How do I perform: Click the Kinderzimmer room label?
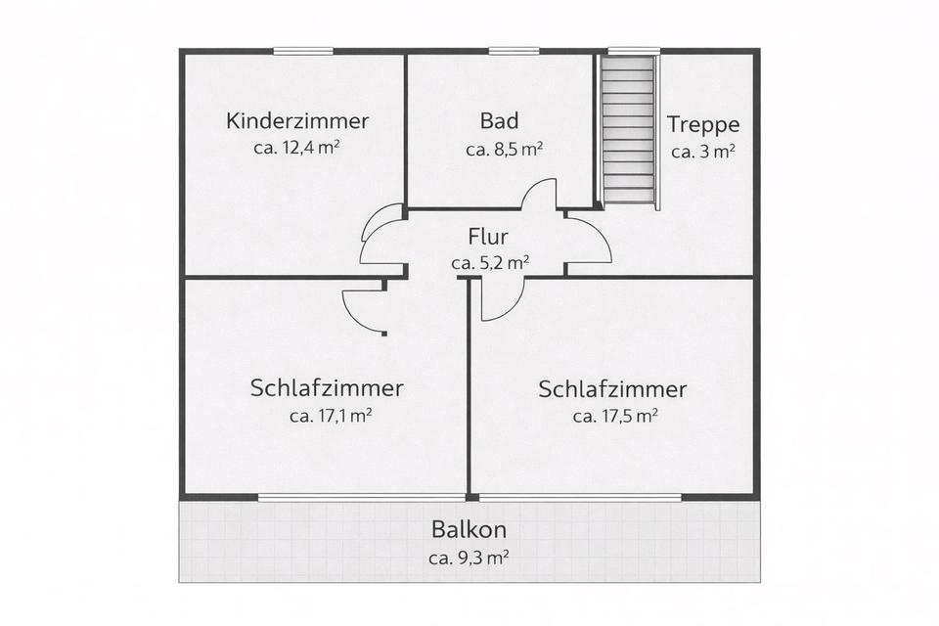[297, 122]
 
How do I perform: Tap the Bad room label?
[499, 122]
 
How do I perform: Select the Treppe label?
[703, 125]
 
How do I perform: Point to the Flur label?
[489, 238]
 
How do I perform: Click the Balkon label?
[469, 531]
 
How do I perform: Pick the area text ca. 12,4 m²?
[297, 149]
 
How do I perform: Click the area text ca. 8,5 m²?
[504, 150]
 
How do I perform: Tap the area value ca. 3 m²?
[703, 152]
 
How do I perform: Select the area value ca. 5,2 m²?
[490, 262]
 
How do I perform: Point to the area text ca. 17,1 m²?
[330, 415]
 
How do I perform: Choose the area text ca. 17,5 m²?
[614, 416]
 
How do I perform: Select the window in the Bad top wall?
[514, 51]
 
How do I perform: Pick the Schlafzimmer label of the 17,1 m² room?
[327, 388]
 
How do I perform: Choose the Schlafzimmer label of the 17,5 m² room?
[612, 389]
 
